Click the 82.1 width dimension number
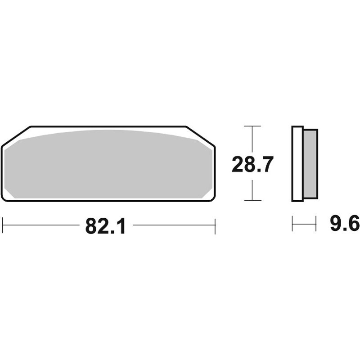pyautogui.click(x=106, y=226)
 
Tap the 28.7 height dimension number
pyautogui.click(x=252, y=164)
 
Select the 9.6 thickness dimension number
pyautogui.click(x=345, y=224)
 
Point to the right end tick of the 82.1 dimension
pyautogui.click(x=215, y=226)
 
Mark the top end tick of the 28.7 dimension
pyautogui.click(x=252, y=126)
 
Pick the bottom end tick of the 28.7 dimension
pyautogui.click(x=252, y=200)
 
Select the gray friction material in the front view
pyautogui.click(x=108, y=164)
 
